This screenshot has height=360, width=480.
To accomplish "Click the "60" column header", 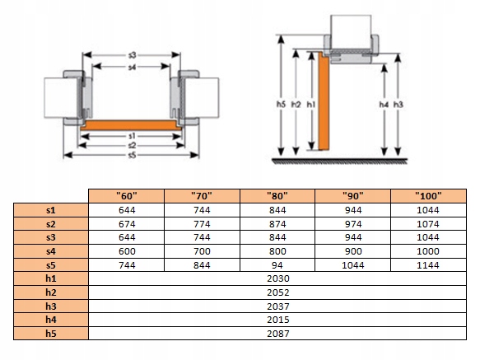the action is (127, 196).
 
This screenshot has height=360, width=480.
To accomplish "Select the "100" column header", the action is (428, 196).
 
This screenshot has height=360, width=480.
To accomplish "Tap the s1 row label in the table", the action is (51, 210).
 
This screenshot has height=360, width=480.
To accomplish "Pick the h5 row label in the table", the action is (51, 334).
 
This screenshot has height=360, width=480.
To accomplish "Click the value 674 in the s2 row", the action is (127, 224).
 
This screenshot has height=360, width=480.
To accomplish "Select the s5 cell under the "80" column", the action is (277, 265).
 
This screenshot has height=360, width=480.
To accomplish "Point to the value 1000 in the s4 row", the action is (428, 251).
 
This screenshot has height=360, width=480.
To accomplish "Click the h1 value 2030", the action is (278, 278).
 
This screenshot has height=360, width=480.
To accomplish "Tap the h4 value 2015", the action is (278, 320).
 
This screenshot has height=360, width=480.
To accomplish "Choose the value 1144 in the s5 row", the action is (428, 265).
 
